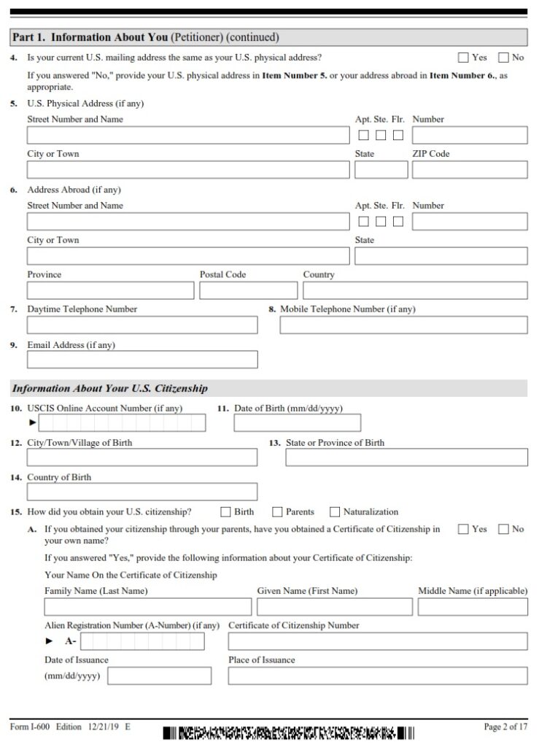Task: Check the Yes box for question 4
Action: coord(463,58)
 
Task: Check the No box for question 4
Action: coord(503,58)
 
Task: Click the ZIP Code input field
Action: coord(469,170)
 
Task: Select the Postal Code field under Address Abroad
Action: coord(247,290)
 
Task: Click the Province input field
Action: coord(110,290)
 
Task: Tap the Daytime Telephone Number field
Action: coord(142,325)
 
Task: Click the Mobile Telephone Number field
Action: coord(403,325)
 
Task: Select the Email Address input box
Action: coord(142,360)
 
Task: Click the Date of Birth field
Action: coord(297,423)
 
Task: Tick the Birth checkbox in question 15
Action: coord(226,512)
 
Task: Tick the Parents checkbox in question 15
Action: coord(278,512)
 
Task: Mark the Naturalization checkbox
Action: coord(336,512)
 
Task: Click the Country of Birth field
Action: coord(142,492)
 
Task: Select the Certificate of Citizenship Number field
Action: coord(377,641)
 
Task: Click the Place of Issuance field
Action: coord(377,676)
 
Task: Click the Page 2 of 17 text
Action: coord(505,727)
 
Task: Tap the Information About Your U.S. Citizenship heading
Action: coord(110,389)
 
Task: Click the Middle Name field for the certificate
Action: coord(473,606)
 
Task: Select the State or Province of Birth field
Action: coord(406,457)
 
